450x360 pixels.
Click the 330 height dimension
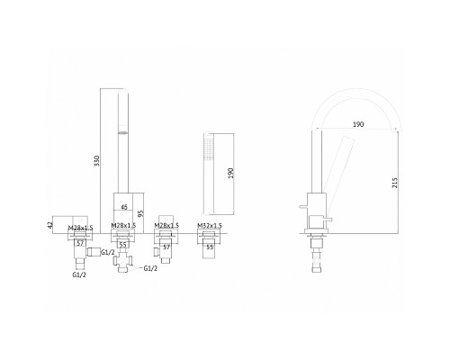96,161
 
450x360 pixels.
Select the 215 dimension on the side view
394,183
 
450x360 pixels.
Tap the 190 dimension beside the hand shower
230,173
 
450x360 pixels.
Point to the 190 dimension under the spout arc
358,124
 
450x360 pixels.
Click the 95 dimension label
140,213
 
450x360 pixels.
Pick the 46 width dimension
124,207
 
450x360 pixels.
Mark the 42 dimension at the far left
50,224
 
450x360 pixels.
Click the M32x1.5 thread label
210,225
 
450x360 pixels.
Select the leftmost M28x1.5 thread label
80,228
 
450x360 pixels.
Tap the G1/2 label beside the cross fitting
150,268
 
